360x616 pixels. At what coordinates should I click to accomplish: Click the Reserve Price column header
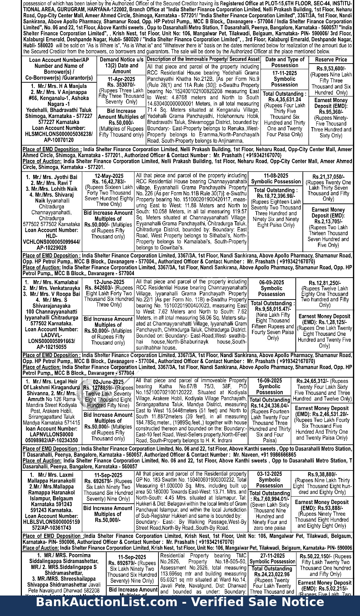[x=331, y=60]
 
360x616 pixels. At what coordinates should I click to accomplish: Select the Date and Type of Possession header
[x=284, y=62]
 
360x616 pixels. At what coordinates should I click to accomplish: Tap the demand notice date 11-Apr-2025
[x=121, y=79]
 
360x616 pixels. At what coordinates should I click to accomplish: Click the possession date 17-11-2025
[x=284, y=73]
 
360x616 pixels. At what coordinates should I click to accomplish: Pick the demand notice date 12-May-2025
[x=109, y=176]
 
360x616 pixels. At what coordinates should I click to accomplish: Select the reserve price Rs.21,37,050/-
[x=328, y=177]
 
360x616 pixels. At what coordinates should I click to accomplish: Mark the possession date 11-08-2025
[x=276, y=176]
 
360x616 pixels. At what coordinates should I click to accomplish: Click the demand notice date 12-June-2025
[x=109, y=282]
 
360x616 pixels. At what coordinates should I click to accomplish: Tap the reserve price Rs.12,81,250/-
[x=324, y=283]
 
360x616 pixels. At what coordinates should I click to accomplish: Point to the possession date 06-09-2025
[x=271, y=282]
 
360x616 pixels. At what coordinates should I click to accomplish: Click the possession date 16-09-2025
[x=269, y=380]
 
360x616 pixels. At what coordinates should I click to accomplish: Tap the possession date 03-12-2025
[x=269, y=474]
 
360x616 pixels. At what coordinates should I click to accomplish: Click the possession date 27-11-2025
[x=272, y=555]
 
